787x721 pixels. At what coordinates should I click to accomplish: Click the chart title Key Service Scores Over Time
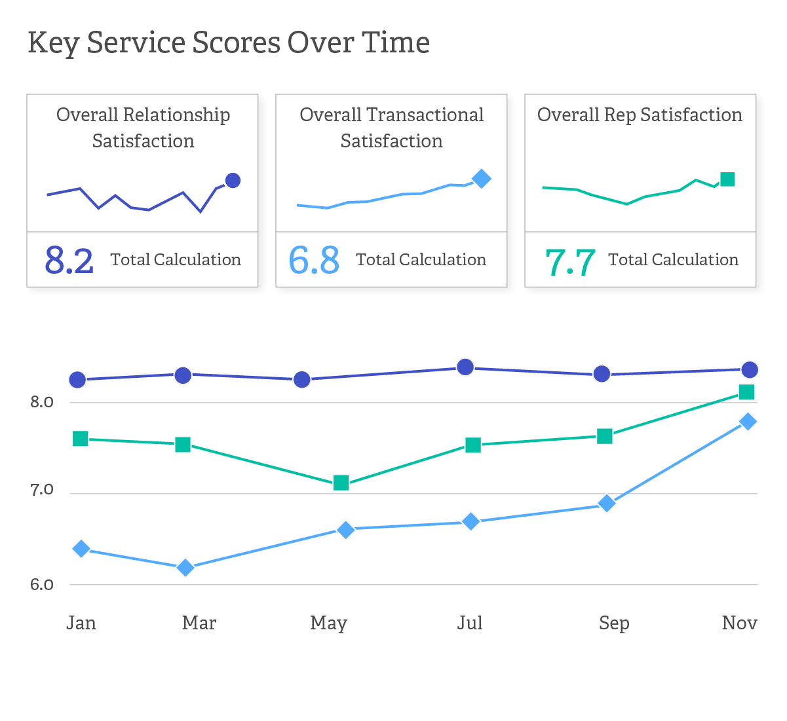(229, 44)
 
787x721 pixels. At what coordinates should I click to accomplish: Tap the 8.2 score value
(69, 260)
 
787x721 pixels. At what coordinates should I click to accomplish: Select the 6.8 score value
(314, 260)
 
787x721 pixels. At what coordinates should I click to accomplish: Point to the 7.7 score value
(570, 262)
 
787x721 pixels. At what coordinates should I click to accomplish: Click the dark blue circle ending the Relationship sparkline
(233, 180)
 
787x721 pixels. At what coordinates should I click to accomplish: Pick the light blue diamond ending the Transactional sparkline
(482, 178)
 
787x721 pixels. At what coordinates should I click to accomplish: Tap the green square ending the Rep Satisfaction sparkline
(727, 179)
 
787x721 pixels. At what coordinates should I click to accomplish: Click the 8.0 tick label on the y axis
(42, 402)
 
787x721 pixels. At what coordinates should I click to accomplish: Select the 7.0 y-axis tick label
(42, 490)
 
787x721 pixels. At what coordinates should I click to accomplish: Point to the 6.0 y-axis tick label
(42, 585)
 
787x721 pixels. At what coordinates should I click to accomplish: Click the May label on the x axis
(328, 623)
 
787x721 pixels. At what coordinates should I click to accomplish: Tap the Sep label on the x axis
(614, 623)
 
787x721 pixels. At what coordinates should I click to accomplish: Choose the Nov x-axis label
(739, 623)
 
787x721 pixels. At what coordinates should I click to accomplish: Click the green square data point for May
(341, 483)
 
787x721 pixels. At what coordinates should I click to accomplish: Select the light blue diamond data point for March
(185, 567)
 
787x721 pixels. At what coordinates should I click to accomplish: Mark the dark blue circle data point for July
(465, 367)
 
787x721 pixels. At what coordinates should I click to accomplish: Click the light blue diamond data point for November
(748, 421)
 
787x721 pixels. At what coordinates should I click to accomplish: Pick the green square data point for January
(81, 439)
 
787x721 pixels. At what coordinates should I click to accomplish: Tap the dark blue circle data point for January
(77, 380)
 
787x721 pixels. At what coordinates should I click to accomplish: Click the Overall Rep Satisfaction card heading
(640, 115)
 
